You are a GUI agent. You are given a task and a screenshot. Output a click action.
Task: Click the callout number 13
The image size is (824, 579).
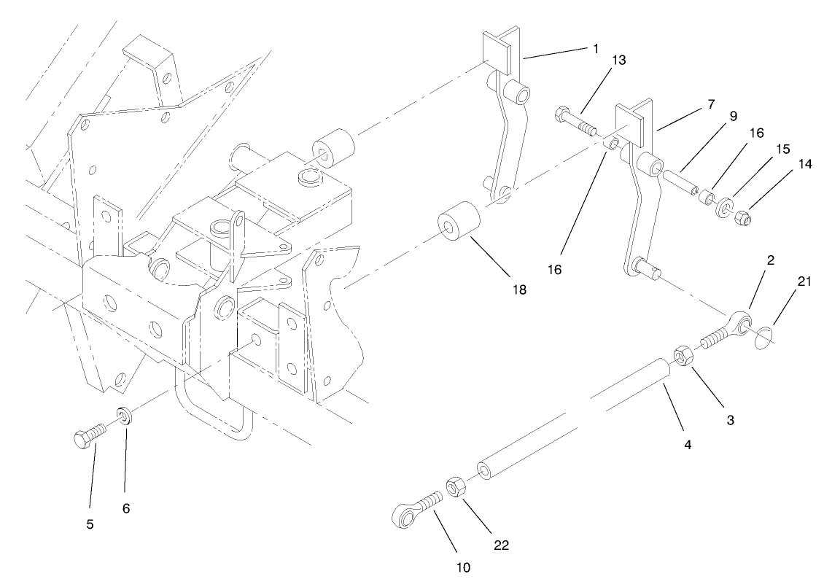pyautogui.click(x=618, y=60)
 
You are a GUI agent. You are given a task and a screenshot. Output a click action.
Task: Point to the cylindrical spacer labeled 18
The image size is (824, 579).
pyautogui.click(x=457, y=220)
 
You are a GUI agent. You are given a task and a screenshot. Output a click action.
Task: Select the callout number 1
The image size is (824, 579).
pyautogui.click(x=596, y=48)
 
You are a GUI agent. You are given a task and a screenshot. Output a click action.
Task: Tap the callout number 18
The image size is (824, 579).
pyautogui.click(x=518, y=289)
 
